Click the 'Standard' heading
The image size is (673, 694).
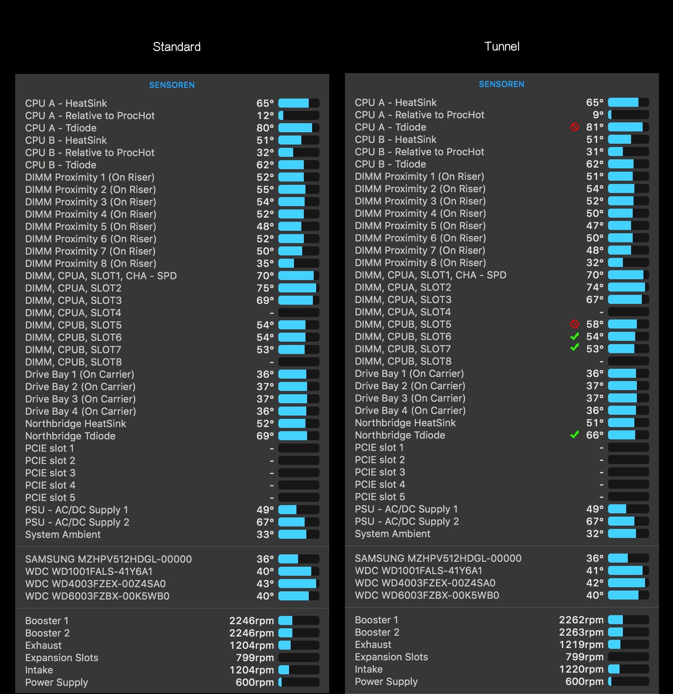click(176, 47)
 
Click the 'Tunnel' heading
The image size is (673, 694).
click(502, 46)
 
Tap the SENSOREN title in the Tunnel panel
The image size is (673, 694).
click(501, 84)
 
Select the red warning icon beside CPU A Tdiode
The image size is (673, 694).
click(575, 127)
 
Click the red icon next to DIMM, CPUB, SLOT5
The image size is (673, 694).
click(575, 324)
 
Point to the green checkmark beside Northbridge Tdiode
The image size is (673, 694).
click(575, 434)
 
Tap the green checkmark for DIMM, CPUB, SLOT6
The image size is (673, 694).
click(575, 336)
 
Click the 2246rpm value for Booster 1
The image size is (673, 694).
click(251, 620)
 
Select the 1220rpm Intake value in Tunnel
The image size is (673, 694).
click(581, 669)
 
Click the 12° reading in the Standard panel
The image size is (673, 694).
click(265, 115)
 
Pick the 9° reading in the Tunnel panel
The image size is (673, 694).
click(598, 115)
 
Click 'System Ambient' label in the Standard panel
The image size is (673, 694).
click(63, 534)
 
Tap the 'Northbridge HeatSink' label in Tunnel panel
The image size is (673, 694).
click(405, 423)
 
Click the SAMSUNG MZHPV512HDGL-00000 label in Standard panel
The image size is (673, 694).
click(109, 559)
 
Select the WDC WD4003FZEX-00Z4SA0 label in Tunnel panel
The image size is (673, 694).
click(425, 583)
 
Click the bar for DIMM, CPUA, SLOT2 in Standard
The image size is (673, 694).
click(298, 288)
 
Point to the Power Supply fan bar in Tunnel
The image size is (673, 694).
click(628, 681)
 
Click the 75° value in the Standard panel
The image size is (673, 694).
click(265, 288)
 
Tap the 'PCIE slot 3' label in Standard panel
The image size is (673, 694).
click(50, 473)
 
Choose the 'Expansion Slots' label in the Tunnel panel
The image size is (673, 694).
click(391, 657)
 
